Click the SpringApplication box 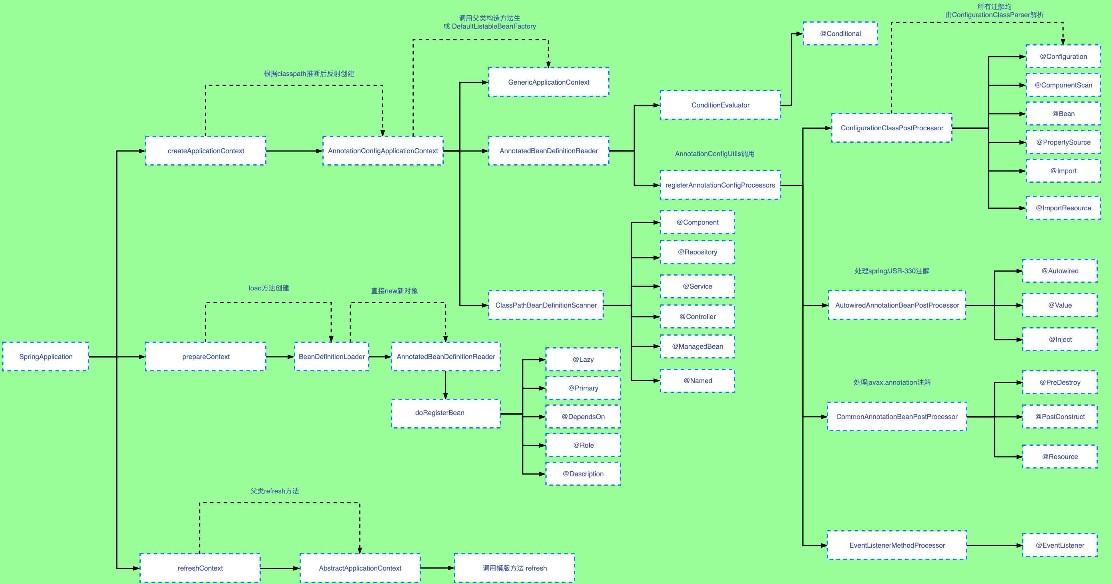coord(46,356)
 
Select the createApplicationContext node coord(206,151)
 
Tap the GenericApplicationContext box coord(548,82)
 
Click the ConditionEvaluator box coord(720,105)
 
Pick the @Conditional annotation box coord(840,34)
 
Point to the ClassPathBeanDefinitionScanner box coord(546,305)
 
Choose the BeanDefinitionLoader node coord(332,356)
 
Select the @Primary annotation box coord(583,388)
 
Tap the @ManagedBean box coord(697,346)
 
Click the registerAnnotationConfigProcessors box coord(720,185)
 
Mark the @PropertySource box coord(1063,142)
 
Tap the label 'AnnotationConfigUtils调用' coord(714,154)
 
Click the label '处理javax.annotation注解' coord(892,382)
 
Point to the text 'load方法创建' coord(268,288)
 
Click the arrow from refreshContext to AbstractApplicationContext coord(280,568)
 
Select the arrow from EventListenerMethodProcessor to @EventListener coord(994,545)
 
